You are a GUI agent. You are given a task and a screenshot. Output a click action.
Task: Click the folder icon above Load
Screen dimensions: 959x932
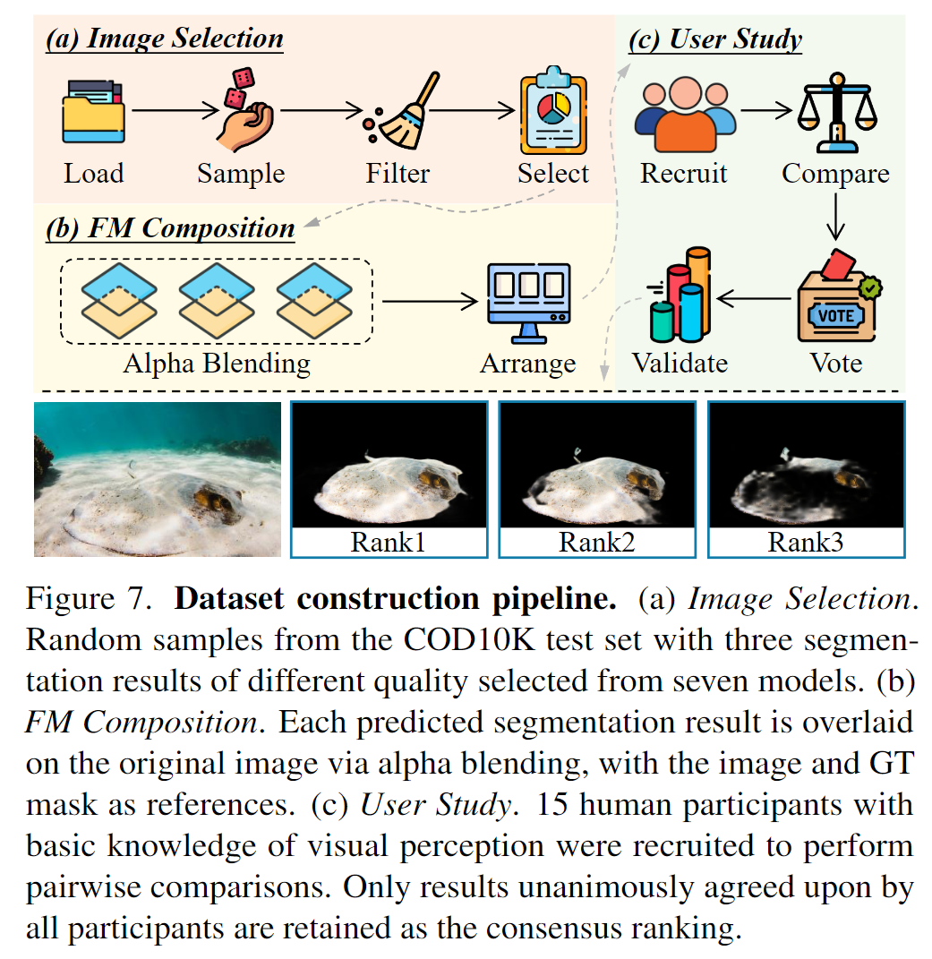click(x=93, y=112)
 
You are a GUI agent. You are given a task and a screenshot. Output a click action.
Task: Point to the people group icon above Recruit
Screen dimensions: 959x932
click(x=685, y=114)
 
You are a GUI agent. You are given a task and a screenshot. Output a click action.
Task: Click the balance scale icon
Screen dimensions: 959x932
click(x=835, y=112)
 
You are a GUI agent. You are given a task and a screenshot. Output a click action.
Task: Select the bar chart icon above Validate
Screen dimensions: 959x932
click(x=680, y=295)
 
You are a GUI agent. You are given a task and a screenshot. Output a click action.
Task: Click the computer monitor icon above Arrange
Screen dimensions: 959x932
click(x=526, y=302)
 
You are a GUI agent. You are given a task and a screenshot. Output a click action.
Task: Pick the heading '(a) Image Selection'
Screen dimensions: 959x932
click(x=165, y=39)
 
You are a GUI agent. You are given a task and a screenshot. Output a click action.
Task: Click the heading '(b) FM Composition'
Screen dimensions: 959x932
click(x=170, y=228)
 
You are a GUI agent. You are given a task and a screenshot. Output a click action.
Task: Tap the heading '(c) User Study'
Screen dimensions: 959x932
click(x=715, y=40)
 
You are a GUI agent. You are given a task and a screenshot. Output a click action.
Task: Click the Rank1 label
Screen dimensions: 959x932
click(x=387, y=542)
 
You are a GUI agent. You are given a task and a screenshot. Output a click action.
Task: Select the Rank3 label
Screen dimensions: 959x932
click(x=805, y=542)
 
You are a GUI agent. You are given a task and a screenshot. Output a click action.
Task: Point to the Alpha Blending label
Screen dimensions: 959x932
click(x=216, y=364)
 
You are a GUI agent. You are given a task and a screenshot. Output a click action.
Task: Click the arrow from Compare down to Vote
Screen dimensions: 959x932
click(x=835, y=215)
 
